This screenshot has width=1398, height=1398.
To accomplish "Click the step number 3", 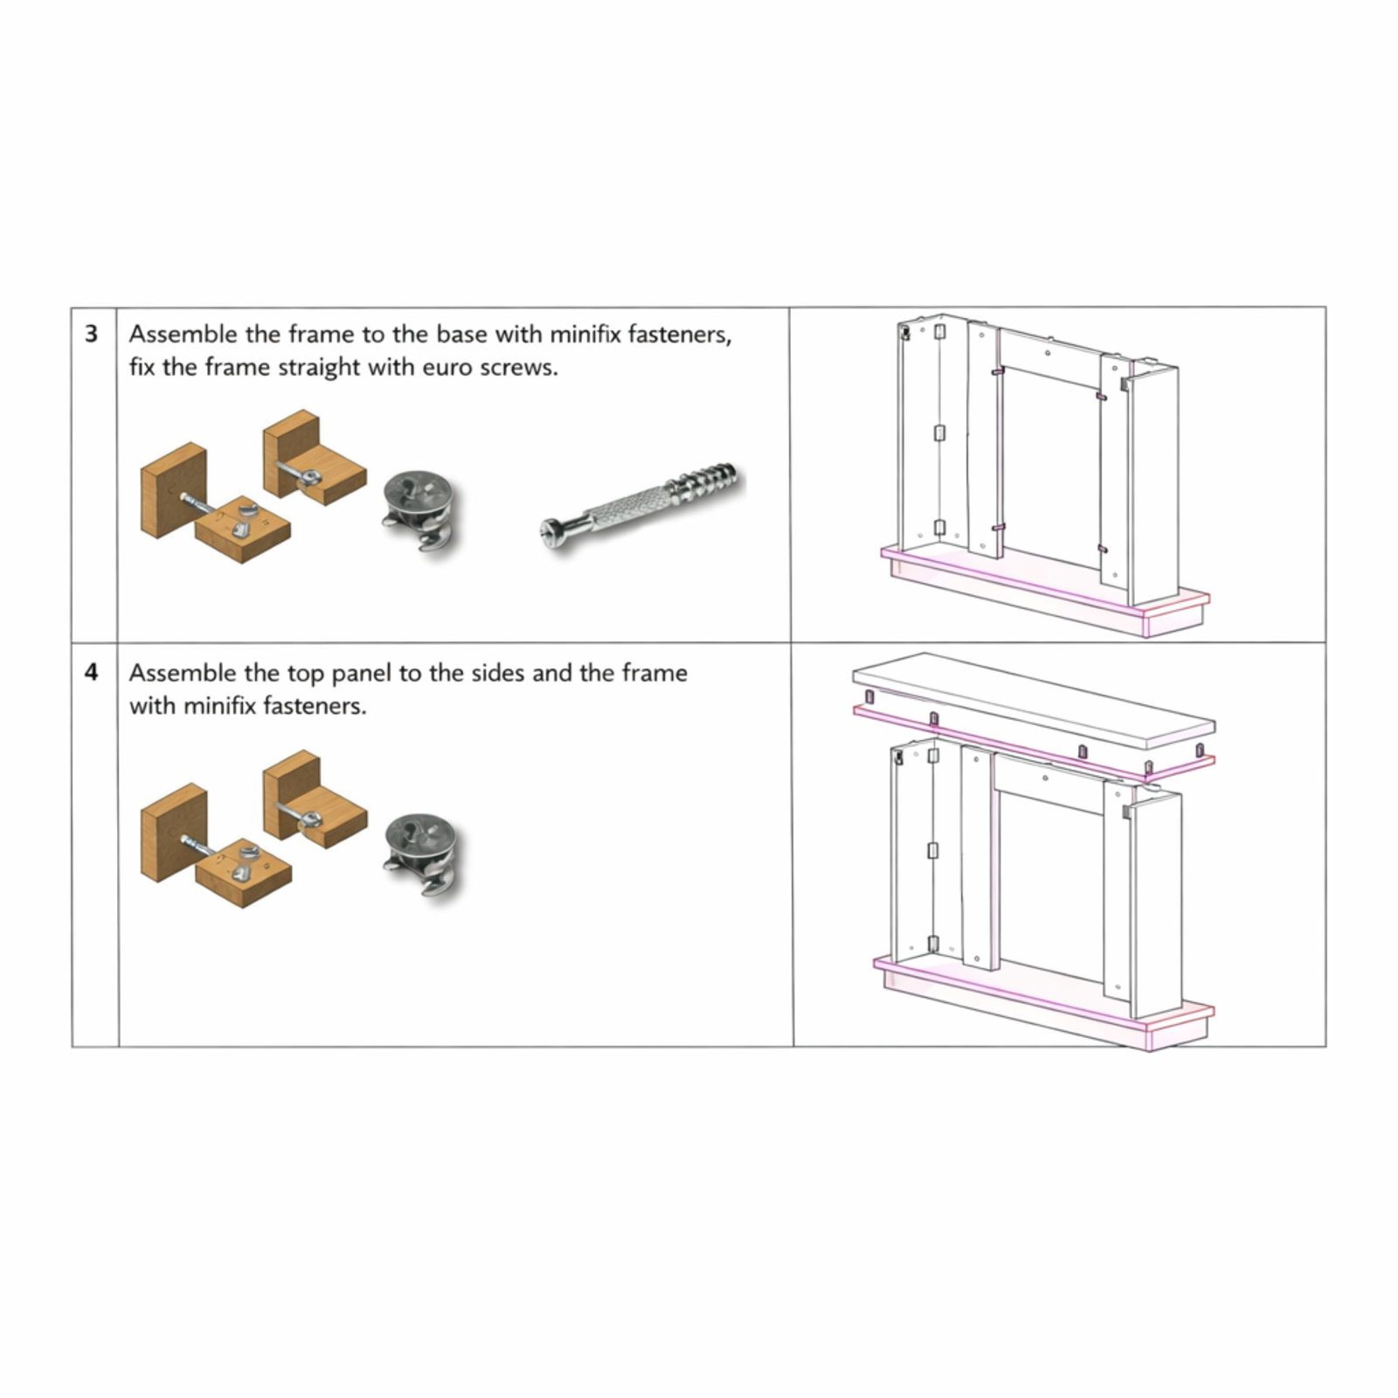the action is pyautogui.click(x=91, y=334).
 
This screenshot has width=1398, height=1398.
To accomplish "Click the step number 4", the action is pyautogui.click(x=91, y=673).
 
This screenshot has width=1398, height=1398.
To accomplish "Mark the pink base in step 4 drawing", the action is pyautogui.click(x=1045, y=1001).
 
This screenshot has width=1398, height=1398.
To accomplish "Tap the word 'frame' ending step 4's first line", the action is pyautogui.click(x=654, y=673).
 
